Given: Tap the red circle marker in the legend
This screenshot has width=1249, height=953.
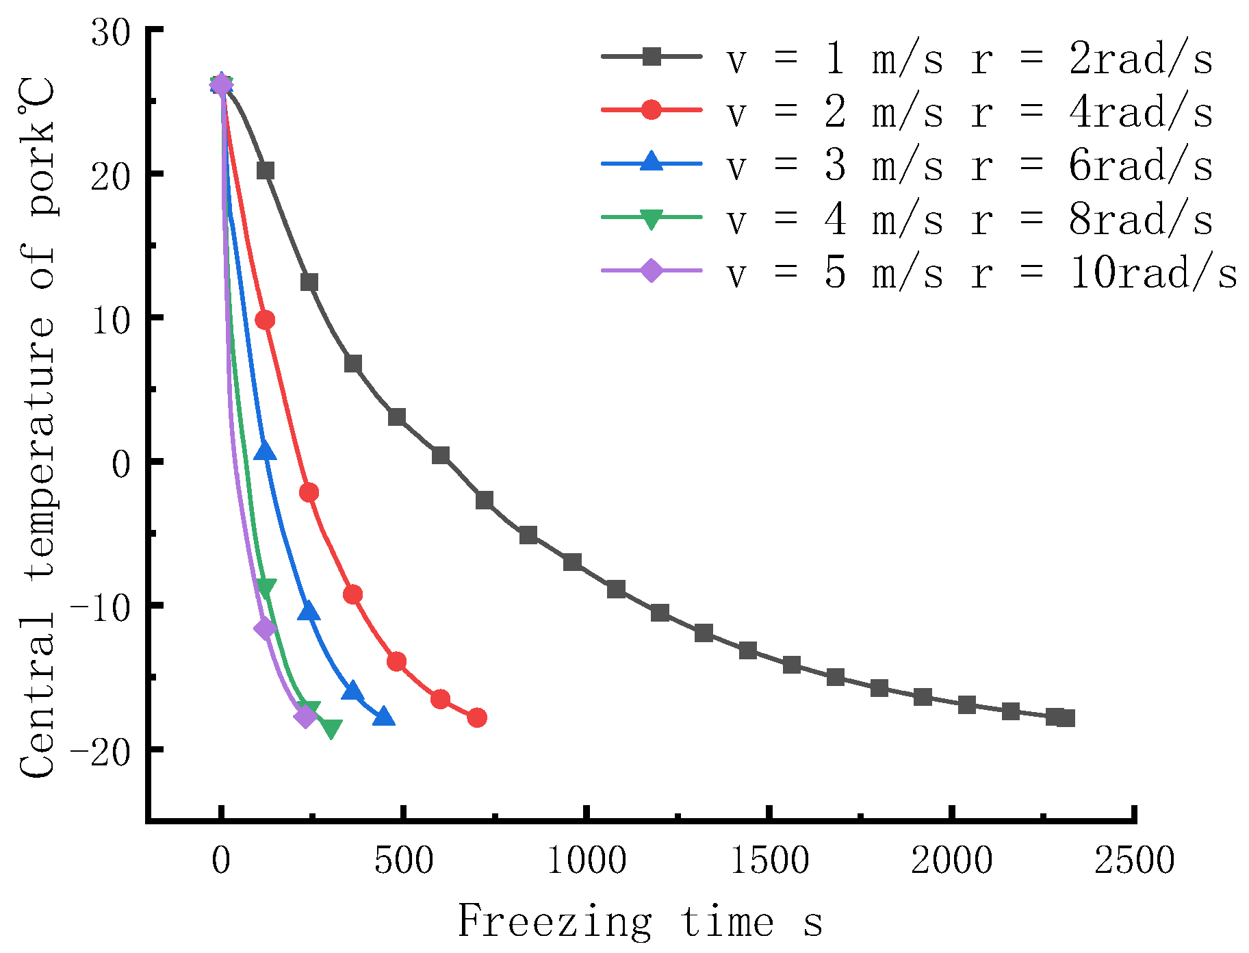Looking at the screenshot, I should click(652, 110).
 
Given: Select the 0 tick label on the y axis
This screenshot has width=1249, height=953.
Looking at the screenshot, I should click(121, 463).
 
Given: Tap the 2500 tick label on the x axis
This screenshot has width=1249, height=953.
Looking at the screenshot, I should click(1134, 861).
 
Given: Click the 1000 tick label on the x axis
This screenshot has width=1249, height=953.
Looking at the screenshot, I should click(587, 861).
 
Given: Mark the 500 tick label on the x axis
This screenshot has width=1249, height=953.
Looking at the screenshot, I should click(404, 861).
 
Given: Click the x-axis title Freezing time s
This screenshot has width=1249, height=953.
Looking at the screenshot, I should click(640, 921).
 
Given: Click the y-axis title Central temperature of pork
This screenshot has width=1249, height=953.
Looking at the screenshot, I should click(38, 428).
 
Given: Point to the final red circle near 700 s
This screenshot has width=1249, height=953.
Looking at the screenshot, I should click(477, 717).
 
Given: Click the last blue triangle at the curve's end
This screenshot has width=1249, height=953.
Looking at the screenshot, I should click(383, 717).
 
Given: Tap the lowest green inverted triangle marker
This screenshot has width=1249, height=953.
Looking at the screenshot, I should click(331, 728).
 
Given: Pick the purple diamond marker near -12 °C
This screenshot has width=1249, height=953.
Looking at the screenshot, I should click(265, 628).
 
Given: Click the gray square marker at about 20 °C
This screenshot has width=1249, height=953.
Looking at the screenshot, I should click(266, 170).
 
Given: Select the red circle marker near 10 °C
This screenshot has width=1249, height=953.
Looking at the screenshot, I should click(265, 320).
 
